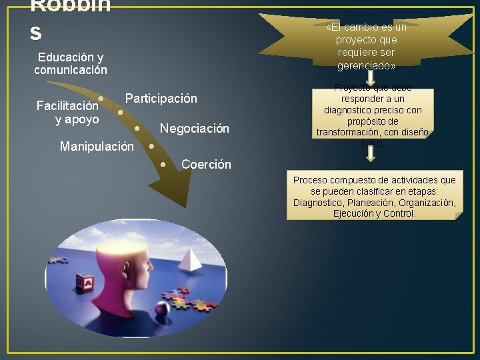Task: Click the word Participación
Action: point(161,99)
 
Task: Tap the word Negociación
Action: point(194,129)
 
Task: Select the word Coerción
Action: point(206,164)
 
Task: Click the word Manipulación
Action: point(97,146)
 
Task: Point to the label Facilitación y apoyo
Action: point(67,112)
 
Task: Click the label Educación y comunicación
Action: point(71,63)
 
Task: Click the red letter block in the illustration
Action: point(85,283)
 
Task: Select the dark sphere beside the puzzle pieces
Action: point(162,309)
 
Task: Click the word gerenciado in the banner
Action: point(366,66)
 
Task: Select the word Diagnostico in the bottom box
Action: point(318,203)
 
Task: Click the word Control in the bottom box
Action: point(399,213)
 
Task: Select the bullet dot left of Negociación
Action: point(137,127)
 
